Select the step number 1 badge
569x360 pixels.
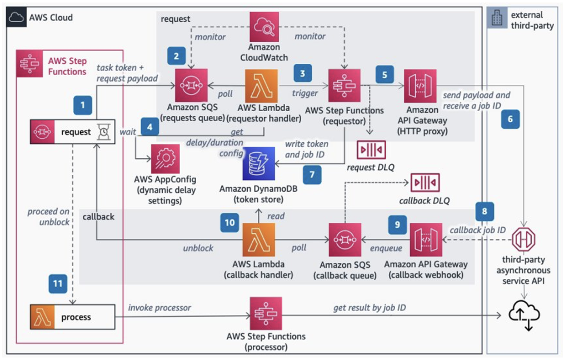[83, 104]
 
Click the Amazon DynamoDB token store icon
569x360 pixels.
[258, 163]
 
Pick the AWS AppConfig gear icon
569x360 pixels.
[165, 159]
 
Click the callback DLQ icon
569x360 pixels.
[425, 182]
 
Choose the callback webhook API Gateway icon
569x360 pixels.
[426, 239]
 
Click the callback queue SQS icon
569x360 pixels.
[345, 239]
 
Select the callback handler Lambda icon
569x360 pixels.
[259, 239]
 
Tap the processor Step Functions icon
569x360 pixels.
[266, 313]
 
